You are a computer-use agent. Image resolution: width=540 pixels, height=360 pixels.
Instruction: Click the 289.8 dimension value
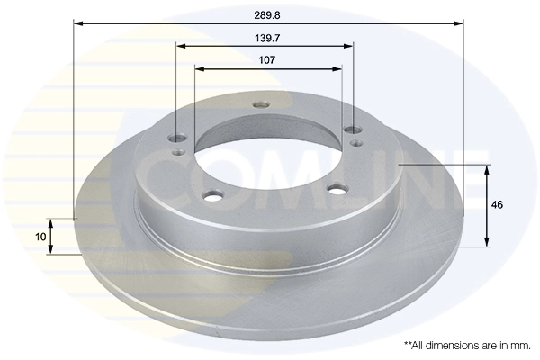click(x=268, y=15)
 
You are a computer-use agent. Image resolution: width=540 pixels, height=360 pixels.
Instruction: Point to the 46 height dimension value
click(x=498, y=205)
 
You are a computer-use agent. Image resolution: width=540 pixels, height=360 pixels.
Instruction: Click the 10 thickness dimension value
click(x=40, y=236)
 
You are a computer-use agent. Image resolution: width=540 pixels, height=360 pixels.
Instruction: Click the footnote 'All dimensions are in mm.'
click(x=466, y=345)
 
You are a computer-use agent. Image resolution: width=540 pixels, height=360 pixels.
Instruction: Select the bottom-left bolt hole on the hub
click(x=212, y=194)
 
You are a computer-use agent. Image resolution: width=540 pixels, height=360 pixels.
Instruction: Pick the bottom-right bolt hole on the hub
click(x=337, y=188)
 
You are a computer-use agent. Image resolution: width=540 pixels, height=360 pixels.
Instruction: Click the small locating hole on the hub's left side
click(x=179, y=152)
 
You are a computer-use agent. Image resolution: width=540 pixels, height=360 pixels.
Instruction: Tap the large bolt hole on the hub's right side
click(x=352, y=131)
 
